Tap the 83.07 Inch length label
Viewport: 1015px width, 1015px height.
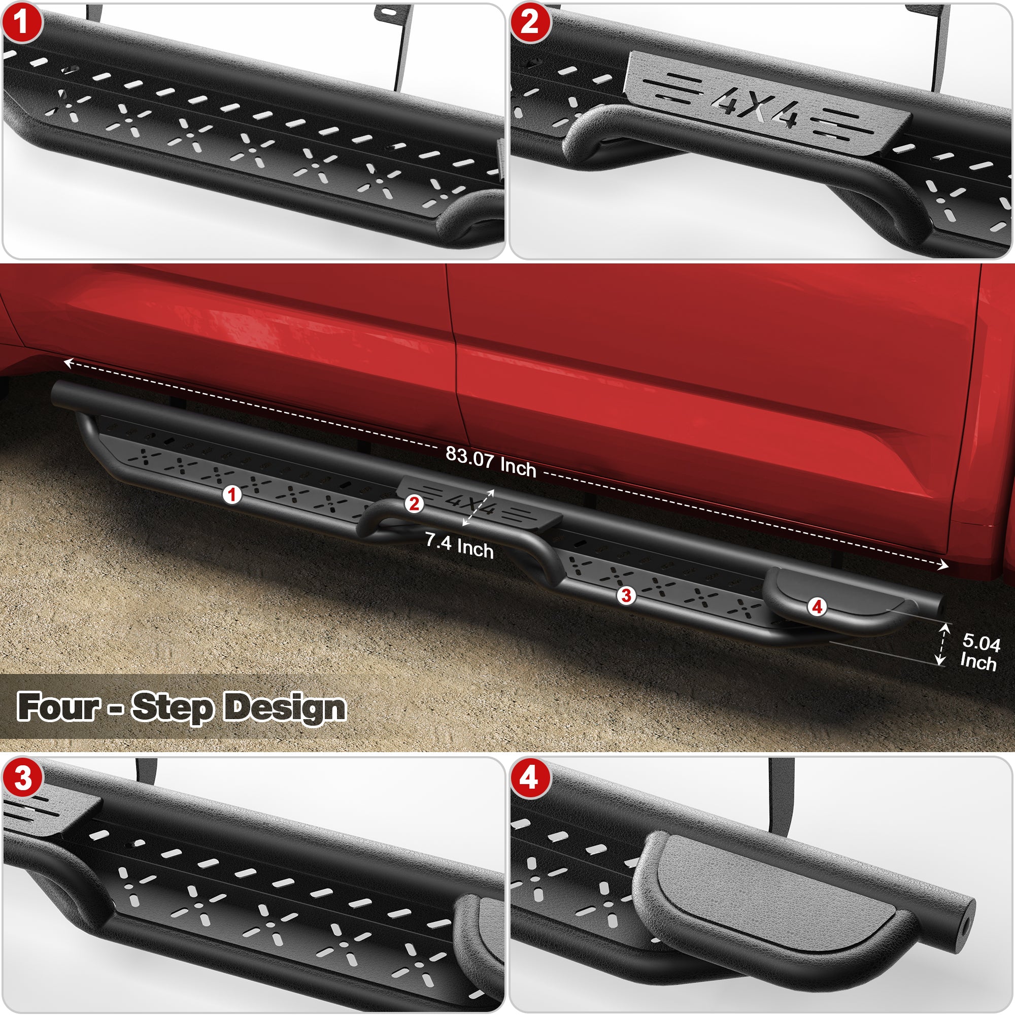pyautogui.click(x=491, y=462)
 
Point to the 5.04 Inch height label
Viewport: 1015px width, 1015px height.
pyautogui.click(x=980, y=652)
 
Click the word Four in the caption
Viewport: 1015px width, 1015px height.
pyautogui.click(x=58, y=706)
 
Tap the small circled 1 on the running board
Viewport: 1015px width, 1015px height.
pyautogui.click(x=232, y=494)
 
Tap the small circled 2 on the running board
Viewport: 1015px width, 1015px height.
pyautogui.click(x=414, y=504)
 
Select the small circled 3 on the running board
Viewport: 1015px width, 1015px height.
pyautogui.click(x=626, y=595)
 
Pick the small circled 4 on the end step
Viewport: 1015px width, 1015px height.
pyautogui.click(x=817, y=607)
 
